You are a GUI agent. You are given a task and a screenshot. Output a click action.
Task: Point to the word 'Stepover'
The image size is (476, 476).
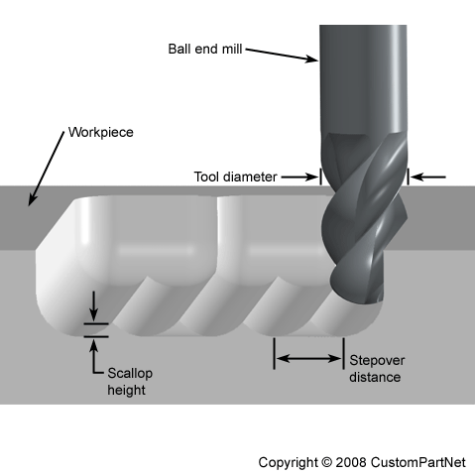tap(376, 361)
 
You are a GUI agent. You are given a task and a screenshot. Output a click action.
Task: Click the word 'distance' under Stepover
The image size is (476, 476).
tap(375, 377)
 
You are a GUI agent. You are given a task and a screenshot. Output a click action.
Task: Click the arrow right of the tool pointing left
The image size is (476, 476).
tap(428, 178)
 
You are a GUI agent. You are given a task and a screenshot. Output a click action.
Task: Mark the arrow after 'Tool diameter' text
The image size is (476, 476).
tap(298, 178)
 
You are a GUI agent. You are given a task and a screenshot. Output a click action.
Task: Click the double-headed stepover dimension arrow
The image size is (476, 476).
tap(308, 358)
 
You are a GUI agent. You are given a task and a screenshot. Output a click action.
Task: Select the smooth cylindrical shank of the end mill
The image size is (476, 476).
tap(363, 79)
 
